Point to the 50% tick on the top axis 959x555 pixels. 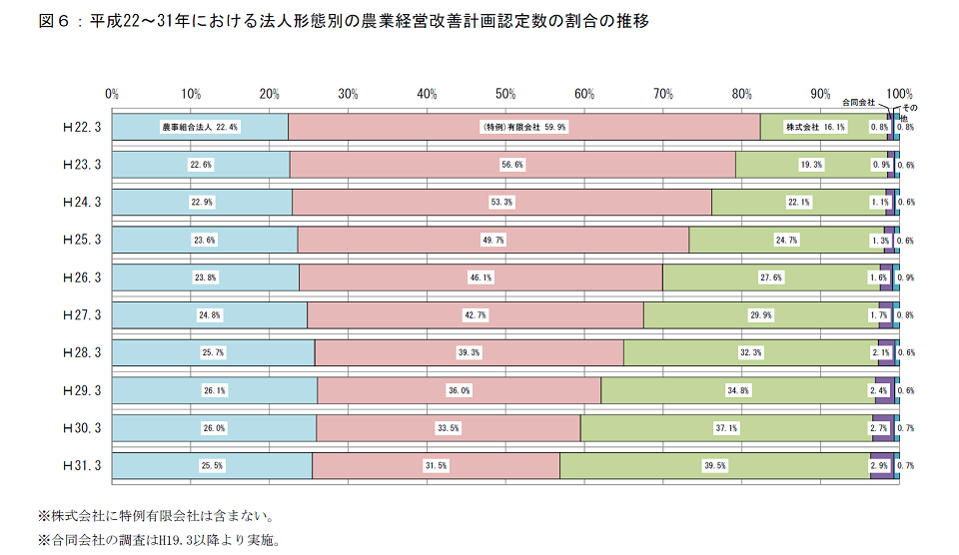pos(506,94)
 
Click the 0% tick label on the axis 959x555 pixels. pos(112,94)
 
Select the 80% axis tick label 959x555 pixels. pos(742,94)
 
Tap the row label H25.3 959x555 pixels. pos(82,240)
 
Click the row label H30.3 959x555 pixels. pos(82,427)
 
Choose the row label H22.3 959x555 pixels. pos(82,127)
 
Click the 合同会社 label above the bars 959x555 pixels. pos(858,103)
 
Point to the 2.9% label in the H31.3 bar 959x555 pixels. pos(879,465)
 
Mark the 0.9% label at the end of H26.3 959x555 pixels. pos(906,277)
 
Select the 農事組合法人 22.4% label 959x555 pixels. pos(199,127)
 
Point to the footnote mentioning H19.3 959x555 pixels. pos(159,540)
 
